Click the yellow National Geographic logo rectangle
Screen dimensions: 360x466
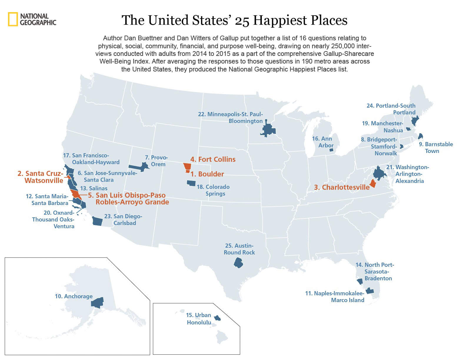pos(13,19)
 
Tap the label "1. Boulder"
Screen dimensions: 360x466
pos(207,174)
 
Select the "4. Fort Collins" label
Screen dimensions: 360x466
pos(213,159)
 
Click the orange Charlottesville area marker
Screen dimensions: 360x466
pos(373,184)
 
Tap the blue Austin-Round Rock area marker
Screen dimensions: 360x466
pos(238,262)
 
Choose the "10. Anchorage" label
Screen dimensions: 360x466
pos(74,296)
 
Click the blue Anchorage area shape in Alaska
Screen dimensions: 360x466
pos(97,302)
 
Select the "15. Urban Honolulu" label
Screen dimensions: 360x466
pos(199,319)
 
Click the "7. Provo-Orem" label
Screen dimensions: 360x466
pos(157,161)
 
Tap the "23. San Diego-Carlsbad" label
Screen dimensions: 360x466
pos(124,220)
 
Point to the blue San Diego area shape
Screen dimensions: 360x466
pos(97,221)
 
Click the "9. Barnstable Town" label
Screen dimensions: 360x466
pos(436,148)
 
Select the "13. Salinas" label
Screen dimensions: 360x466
pos(94,188)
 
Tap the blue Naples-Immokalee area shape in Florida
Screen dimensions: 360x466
pos(370,291)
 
